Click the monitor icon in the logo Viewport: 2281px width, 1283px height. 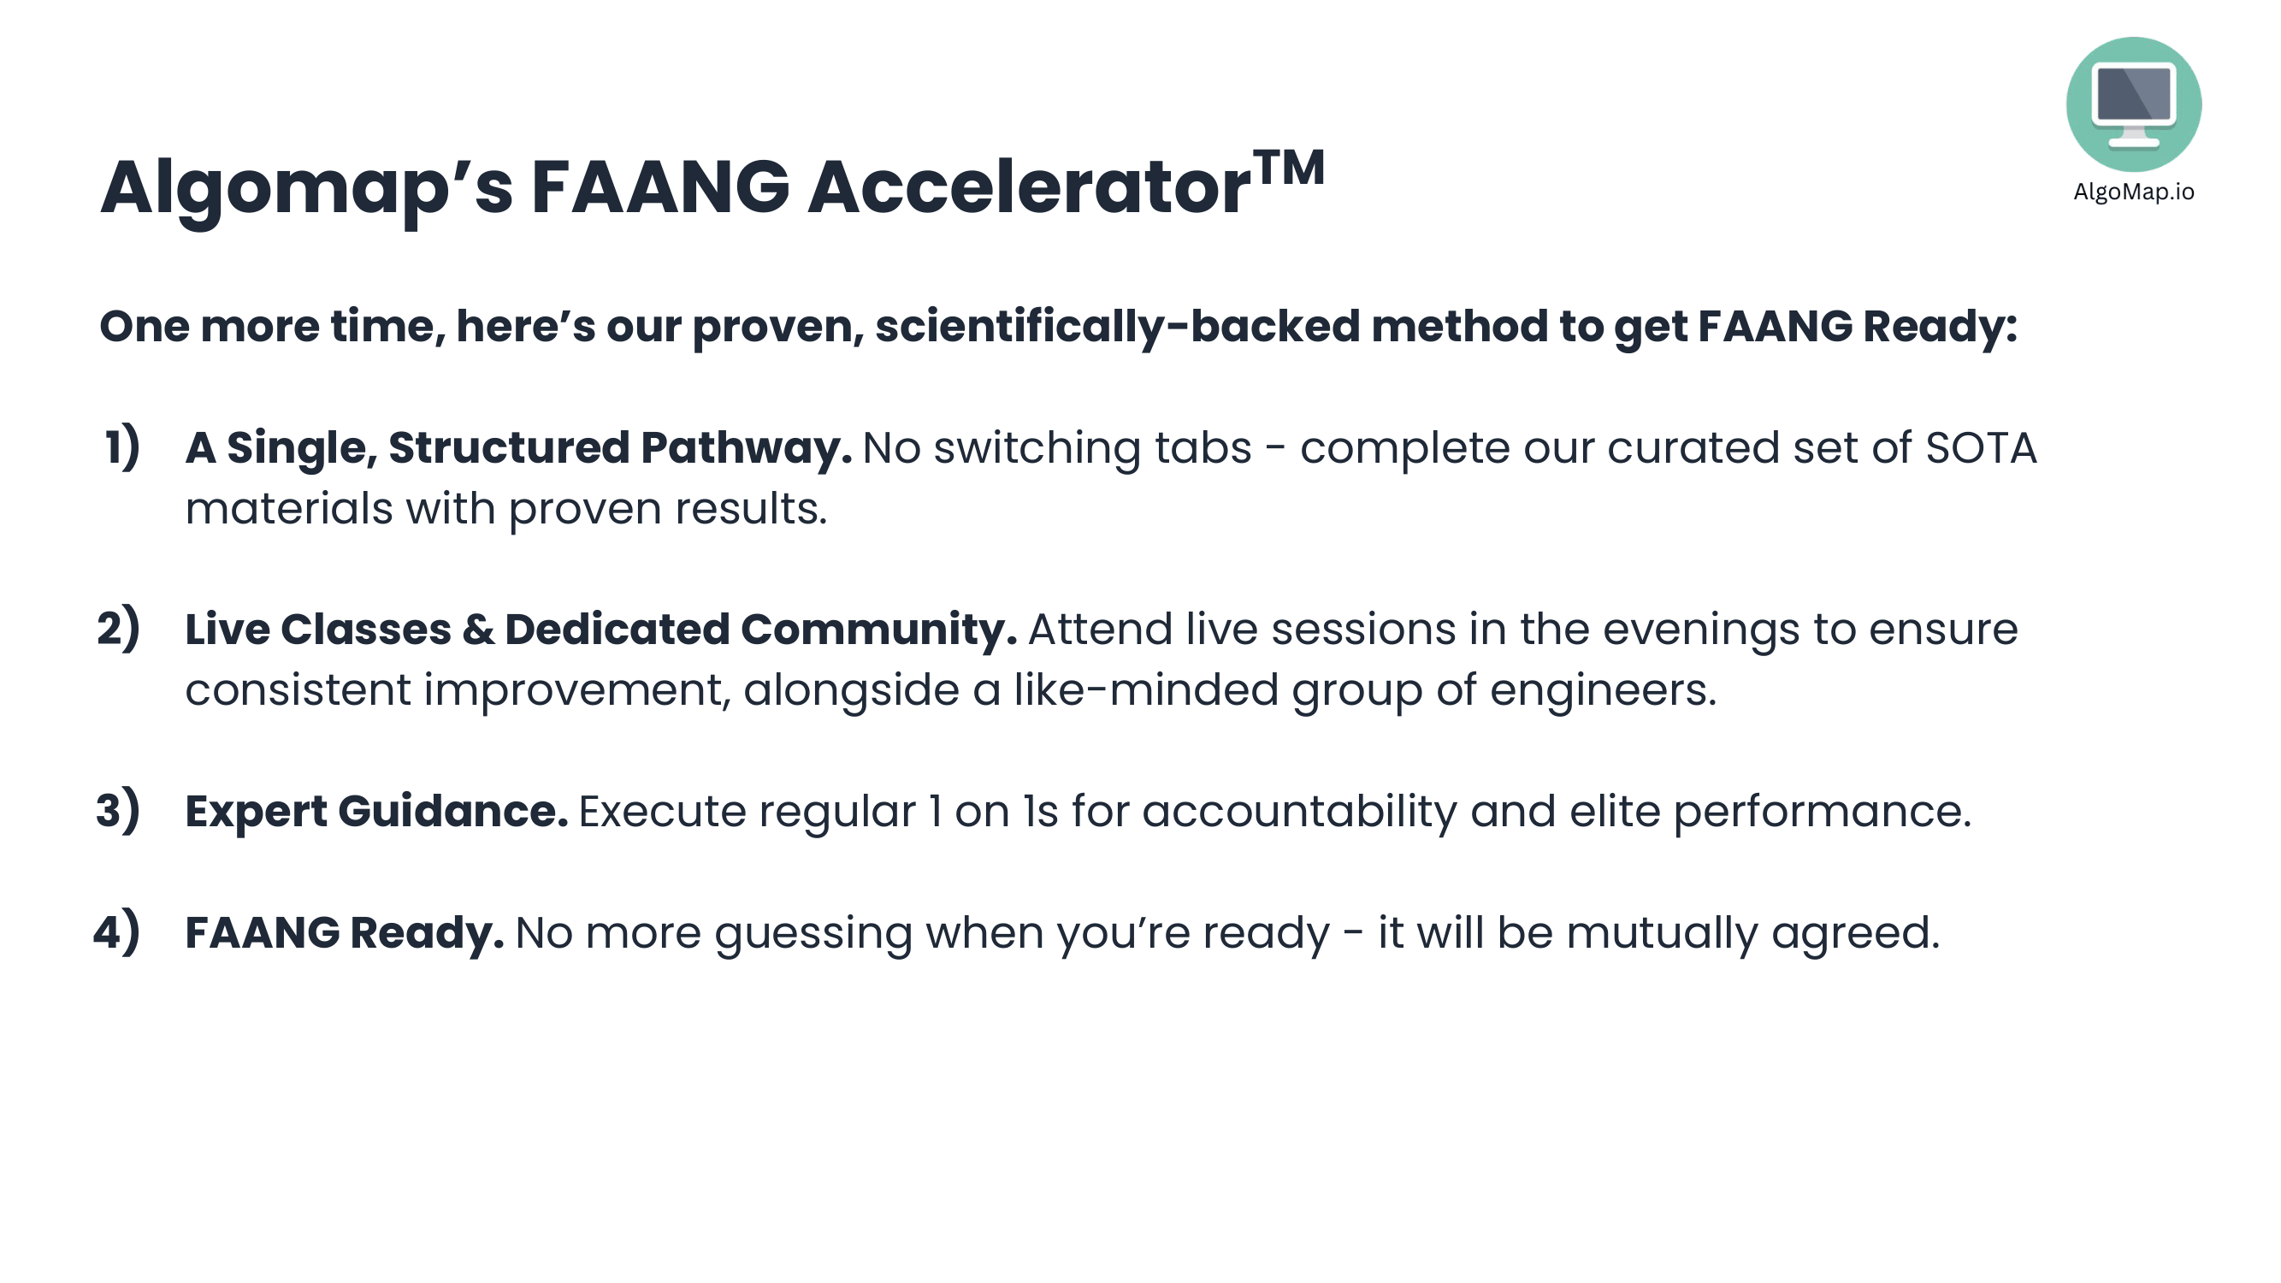2133,103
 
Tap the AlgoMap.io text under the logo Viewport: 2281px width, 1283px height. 2133,192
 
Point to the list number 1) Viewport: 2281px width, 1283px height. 122,446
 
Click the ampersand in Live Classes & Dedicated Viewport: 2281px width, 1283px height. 478,629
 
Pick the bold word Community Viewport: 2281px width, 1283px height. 878,630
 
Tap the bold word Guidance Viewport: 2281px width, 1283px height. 452,811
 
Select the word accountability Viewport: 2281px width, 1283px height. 1299,813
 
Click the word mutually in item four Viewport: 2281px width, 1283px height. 1661,934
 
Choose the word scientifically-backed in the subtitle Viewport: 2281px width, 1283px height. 1118,328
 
